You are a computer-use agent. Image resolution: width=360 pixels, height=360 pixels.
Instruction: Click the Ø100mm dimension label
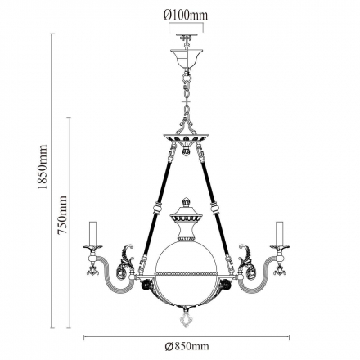(186, 16)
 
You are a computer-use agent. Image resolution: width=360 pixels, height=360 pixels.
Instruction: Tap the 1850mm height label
(43, 167)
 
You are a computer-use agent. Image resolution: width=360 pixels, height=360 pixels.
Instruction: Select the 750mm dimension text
(62, 214)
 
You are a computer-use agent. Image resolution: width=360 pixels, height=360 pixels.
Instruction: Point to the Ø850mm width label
(187, 346)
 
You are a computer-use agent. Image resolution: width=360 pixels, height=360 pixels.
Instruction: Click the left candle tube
(92, 233)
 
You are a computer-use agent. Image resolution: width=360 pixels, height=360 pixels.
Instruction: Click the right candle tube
(279, 233)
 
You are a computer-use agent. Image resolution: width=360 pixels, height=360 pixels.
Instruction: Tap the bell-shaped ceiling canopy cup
(187, 58)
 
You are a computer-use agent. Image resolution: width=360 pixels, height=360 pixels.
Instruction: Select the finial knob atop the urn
(186, 202)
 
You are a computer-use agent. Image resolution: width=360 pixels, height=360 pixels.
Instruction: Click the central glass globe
(186, 272)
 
